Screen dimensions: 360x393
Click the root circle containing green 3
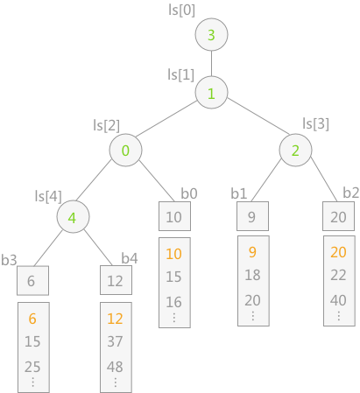coord(211,34)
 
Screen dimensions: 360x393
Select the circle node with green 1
coord(211,93)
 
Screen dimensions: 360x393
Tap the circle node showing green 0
coord(126,150)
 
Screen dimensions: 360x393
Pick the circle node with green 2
coord(295,150)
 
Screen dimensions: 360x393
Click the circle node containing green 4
coord(73,216)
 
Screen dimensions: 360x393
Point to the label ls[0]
coord(181,11)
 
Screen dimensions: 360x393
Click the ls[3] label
coord(315,123)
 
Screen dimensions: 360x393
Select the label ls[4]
coord(48,196)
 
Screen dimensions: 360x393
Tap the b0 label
coord(189,193)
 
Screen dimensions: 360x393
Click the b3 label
coord(9,260)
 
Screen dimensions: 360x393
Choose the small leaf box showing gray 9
coord(252,216)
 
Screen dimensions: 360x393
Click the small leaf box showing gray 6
coord(32,281)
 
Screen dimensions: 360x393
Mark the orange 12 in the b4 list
coord(115,319)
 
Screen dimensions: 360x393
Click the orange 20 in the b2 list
coord(338,252)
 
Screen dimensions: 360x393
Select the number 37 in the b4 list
coord(115,341)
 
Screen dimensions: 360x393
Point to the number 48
coord(115,367)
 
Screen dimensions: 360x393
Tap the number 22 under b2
coord(338,275)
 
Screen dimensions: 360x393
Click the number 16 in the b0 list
coord(174,302)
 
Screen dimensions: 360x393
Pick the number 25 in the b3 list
coord(32,367)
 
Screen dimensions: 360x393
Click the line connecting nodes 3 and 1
coord(211,63)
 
